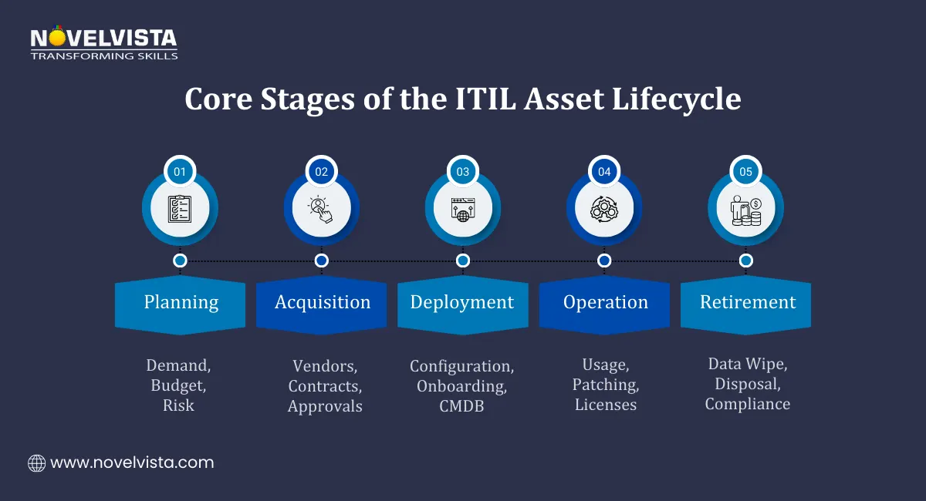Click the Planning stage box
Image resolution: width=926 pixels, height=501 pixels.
181,303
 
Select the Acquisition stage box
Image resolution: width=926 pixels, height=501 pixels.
322,303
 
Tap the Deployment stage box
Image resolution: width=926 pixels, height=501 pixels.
462,303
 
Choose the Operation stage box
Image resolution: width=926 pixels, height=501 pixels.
605,303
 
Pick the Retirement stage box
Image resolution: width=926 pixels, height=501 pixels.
746,303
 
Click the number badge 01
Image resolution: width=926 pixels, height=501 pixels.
180,172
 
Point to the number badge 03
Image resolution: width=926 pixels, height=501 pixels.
463,172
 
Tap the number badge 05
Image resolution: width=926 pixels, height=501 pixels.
745,172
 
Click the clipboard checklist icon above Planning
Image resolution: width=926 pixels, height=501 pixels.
180,209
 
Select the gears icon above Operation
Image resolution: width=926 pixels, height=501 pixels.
604,209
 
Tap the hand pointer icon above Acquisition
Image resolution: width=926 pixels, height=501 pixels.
321,209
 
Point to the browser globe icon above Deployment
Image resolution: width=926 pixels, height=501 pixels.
463,209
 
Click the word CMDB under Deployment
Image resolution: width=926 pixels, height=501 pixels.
462,406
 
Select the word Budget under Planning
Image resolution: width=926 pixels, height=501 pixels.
179,385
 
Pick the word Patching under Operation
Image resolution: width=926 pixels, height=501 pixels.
606,385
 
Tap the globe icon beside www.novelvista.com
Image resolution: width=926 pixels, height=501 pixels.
36,463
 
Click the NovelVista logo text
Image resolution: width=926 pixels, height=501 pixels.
103,38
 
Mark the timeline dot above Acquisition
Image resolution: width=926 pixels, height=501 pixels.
321,261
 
